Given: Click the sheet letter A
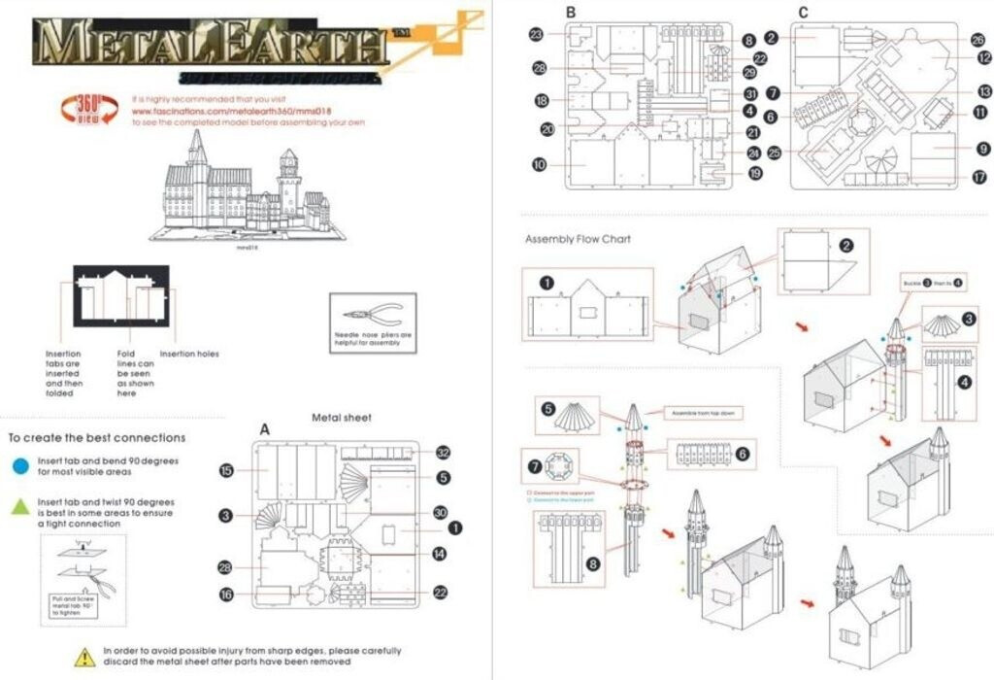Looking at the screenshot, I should (x=264, y=428).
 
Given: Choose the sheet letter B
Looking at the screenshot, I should (x=571, y=12).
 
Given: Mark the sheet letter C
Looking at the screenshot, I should (x=803, y=12).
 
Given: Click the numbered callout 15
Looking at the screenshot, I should (x=226, y=471).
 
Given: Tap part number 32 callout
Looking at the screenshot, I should (x=443, y=453).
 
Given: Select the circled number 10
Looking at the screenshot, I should (x=540, y=164).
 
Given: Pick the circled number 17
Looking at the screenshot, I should (x=979, y=178).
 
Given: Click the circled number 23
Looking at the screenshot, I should (x=536, y=34).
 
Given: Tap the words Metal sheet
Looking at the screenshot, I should (x=341, y=418).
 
